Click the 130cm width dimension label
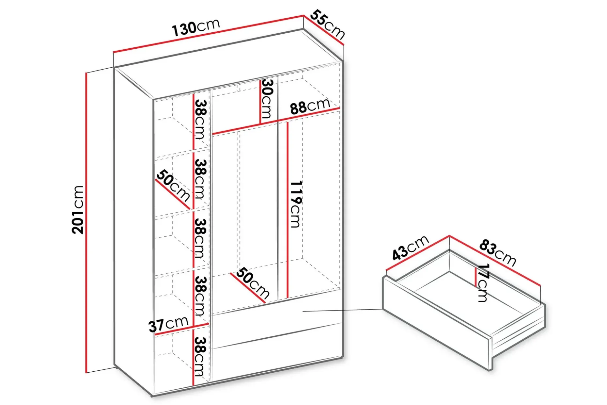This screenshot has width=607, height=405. click(x=196, y=27)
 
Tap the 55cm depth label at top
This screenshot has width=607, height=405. click(x=327, y=25)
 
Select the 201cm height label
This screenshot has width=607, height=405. click(x=78, y=209)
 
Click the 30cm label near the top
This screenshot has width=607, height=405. click(x=267, y=99)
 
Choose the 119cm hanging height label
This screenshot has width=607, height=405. click(x=295, y=204)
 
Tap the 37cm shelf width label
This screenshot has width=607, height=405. click(x=168, y=324)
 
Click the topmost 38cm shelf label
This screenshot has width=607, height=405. click(x=200, y=119)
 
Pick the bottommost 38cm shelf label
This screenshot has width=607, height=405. click(x=200, y=356)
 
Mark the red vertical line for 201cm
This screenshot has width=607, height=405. click(x=86, y=222)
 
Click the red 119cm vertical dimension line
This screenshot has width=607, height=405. click(x=288, y=210)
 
